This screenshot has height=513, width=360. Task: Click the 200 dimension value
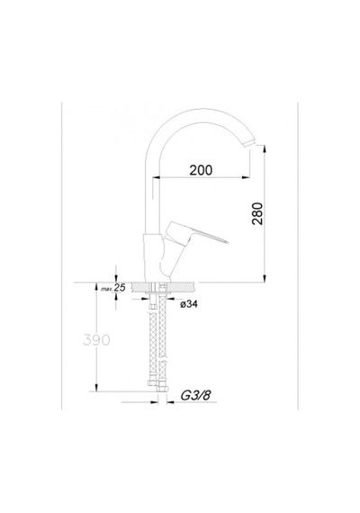[x=201, y=170]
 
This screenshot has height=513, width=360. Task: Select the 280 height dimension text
[x=257, y=213]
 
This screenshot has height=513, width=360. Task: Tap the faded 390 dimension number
[x=96, y=340]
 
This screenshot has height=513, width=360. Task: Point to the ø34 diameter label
[x=189, y=304]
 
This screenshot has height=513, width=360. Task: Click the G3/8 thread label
[x=195, y=395]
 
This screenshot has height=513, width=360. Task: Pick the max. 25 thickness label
[x=113, y=288]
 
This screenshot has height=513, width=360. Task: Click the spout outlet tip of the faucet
[x=249, y=143]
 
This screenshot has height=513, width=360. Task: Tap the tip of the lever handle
[x=227, y=242]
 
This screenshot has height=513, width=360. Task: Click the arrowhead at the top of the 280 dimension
[x=265, y=148]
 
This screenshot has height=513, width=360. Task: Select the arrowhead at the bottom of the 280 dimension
[x=265, y=278]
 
